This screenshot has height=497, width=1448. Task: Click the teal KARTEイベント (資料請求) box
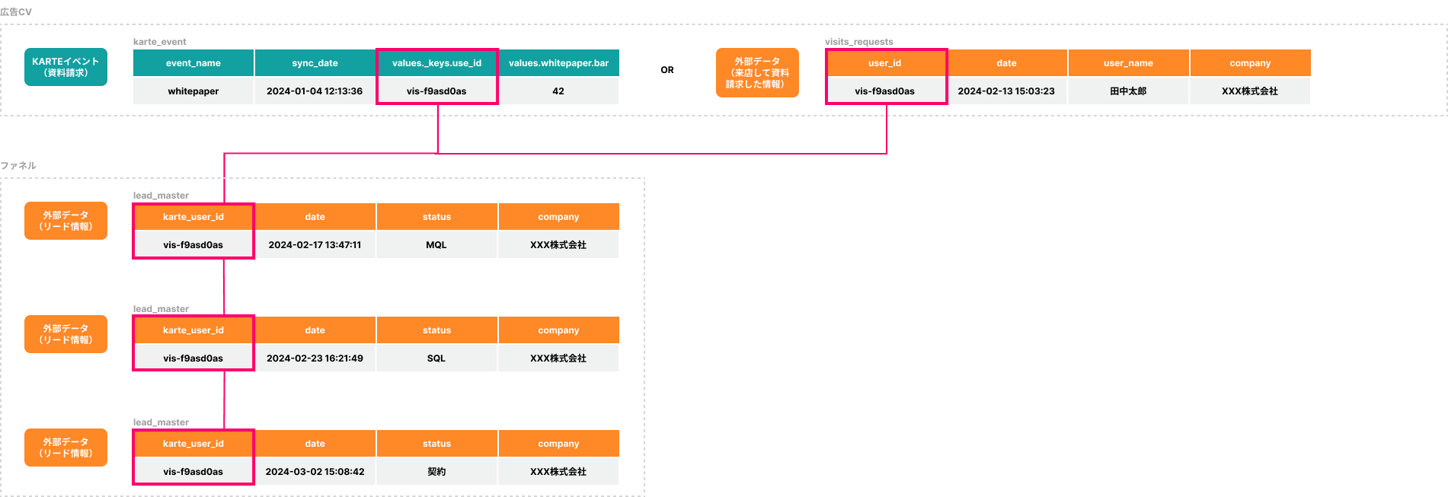click(66, 67)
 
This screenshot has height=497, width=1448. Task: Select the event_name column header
click(193, 63)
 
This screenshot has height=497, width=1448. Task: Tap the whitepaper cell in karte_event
click(193, 91)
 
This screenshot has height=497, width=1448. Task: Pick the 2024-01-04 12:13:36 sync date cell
click(315, 91)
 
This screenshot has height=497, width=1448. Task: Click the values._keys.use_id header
click(437, 63)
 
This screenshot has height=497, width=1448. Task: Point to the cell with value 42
click(558, 91)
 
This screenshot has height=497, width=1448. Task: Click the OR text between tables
click(667, 70)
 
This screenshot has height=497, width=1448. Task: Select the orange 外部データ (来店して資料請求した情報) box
click(757, 73)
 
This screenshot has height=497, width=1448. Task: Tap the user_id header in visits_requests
click(885, 63)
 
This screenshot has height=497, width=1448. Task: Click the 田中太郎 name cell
click(1128, 91)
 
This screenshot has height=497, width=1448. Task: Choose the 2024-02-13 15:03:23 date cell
click(1006, 91)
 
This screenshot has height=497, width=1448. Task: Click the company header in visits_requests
click(1250, 63)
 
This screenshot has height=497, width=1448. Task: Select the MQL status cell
click(436, 245)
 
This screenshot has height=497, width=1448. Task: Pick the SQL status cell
click(436, 358)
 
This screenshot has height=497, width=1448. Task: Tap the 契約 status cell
click(436, 472)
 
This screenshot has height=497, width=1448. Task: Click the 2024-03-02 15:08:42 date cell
click(315, 472)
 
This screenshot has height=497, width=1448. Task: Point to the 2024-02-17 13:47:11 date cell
click(315, 245)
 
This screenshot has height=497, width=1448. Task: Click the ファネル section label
click(18, 166)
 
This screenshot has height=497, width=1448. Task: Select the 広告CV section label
click(16, 12)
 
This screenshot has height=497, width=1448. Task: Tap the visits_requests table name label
click(859, 42)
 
